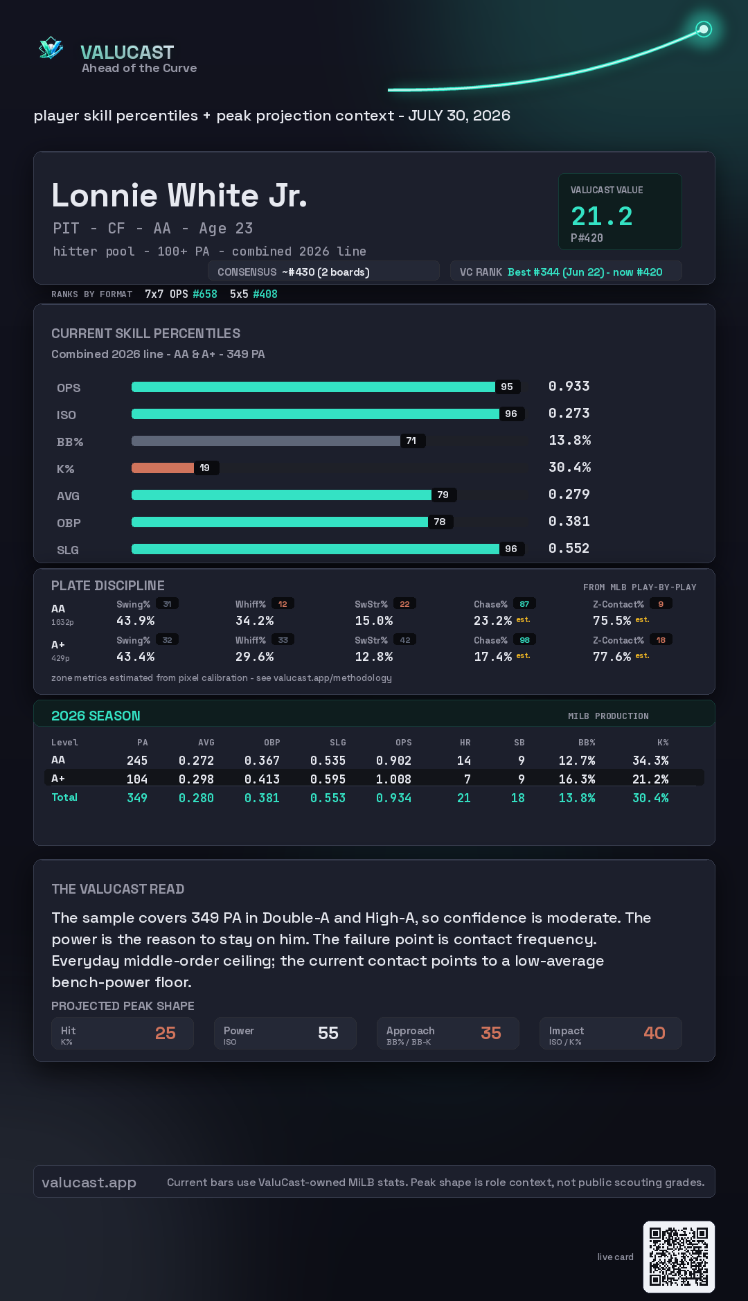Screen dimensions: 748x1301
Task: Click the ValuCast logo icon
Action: (x=51, y=48)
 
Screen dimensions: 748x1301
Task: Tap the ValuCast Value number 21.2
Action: (x=602, y=216)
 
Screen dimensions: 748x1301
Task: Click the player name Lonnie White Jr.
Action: (x=179, y=195)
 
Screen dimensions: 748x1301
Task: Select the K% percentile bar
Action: (x=163, y=468)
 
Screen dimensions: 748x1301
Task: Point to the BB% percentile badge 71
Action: (x=411, y=441)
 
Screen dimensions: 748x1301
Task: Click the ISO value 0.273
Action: (x=569, y=413)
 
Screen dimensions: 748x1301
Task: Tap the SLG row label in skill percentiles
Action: (x=68, y=550)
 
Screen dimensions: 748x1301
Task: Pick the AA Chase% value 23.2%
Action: (x=492, y=621)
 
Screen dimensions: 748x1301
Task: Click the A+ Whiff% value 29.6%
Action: (x=255, y=657)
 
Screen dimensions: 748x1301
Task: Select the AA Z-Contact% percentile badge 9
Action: (x=661, y=604)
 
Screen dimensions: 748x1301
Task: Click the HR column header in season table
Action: (x=465, y=743)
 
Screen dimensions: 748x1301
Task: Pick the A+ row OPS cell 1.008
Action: (x=393, y=779)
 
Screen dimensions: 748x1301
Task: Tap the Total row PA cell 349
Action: (x=137, y=798)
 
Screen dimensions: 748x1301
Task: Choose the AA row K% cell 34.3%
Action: (x=650, y=761)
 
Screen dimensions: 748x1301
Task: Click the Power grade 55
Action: (x=328, y=1033)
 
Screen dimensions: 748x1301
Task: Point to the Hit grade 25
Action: (x=166, y=1033)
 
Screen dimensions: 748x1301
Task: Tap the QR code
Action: (x=679, y=1257)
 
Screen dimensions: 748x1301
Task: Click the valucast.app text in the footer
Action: (x=89, y=1183)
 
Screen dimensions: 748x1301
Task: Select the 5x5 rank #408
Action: (x=265, y=294)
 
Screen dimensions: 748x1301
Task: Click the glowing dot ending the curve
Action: (x=704, y=29)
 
